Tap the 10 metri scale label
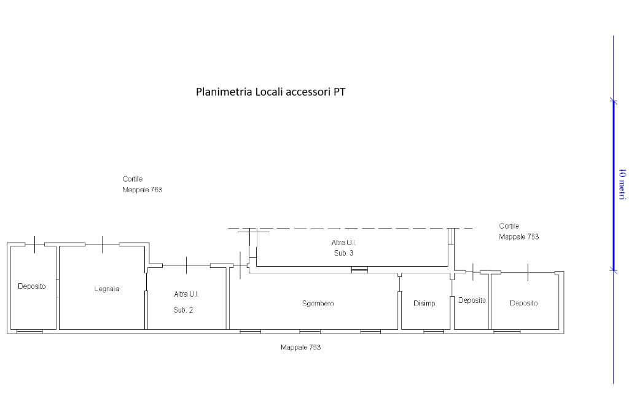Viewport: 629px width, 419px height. coord(622,184)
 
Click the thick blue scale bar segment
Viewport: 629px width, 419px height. coord(614,184)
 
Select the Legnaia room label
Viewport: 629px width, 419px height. coord(107,289)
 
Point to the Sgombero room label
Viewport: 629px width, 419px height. coord(318,303)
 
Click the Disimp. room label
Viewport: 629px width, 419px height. coord(424,303)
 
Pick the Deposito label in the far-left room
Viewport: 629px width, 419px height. coord(32,286)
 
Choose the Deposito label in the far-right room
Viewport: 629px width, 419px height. coord(523,303)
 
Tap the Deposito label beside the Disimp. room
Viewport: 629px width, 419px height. coord(472,300)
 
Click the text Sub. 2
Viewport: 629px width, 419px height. coord(183,310)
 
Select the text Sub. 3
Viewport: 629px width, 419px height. coord(343,253)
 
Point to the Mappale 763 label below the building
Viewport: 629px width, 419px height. coord(300,348)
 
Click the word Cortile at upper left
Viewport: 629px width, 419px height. coord(133,179)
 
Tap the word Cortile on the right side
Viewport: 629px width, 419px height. coord(509,226)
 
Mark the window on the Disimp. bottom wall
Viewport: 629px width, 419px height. coord(434,332)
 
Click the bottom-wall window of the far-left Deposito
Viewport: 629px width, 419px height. coord(29,332)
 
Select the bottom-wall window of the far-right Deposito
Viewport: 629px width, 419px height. coord(507,332)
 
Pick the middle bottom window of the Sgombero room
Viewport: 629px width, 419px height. coord(310,332)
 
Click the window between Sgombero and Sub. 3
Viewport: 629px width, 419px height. coord(359,269)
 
